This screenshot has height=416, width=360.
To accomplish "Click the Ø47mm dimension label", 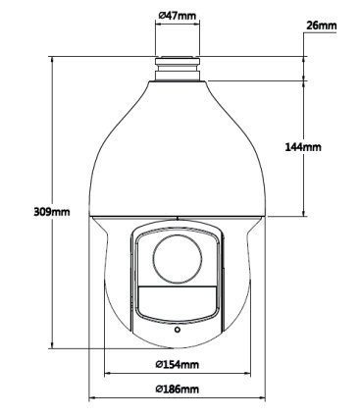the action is tap(177, 16).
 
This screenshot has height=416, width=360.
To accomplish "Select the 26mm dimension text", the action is tap(322, 26).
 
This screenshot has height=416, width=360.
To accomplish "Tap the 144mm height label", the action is tap(303, 147).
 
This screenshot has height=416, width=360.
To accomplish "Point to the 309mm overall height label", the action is tap(52, 212).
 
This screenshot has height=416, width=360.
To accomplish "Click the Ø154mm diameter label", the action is tap(178, 364).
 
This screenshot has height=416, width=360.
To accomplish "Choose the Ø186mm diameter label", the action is tap(178, 389).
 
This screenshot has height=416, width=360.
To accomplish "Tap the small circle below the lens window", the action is tap(178, 330).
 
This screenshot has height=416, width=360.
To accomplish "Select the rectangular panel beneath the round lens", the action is tap(178, 302).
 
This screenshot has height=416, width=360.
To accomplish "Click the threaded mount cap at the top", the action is tap(178, 69).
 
